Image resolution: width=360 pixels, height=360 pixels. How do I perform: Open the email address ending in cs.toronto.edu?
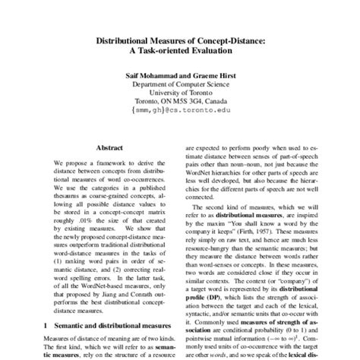pyautogui.click(x=180, y=116)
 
